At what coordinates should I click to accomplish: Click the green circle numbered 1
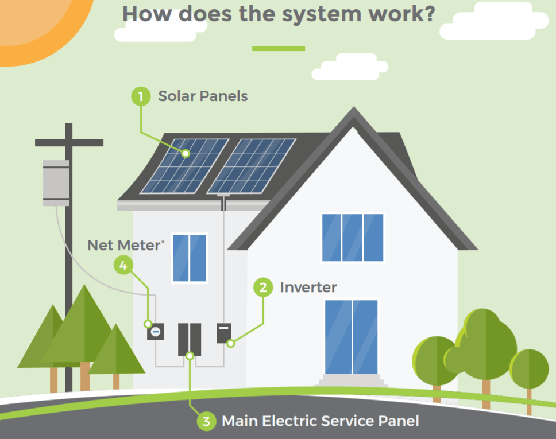[x=141, y=96]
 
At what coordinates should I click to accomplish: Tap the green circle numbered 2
[x=263, y=287]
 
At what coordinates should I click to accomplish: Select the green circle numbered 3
[x=206, y=421]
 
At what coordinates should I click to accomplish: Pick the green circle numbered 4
[x=123, y=265]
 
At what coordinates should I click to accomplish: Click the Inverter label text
[x=308, y=287]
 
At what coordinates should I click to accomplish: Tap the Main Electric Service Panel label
[x=320, y=421]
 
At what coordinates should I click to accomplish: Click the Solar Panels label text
[x=203, y=96]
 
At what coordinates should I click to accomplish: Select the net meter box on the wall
[x=155, y=331]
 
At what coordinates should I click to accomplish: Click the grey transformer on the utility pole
[x=56, y=183]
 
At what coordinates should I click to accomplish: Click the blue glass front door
[x=352, y=336]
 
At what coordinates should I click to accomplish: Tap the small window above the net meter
[x=189, y=258]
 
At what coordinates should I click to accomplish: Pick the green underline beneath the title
[x=279, y=48]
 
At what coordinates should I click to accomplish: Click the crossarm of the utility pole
[x=69, y=142]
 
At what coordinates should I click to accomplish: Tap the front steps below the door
[x=352, y=380]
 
